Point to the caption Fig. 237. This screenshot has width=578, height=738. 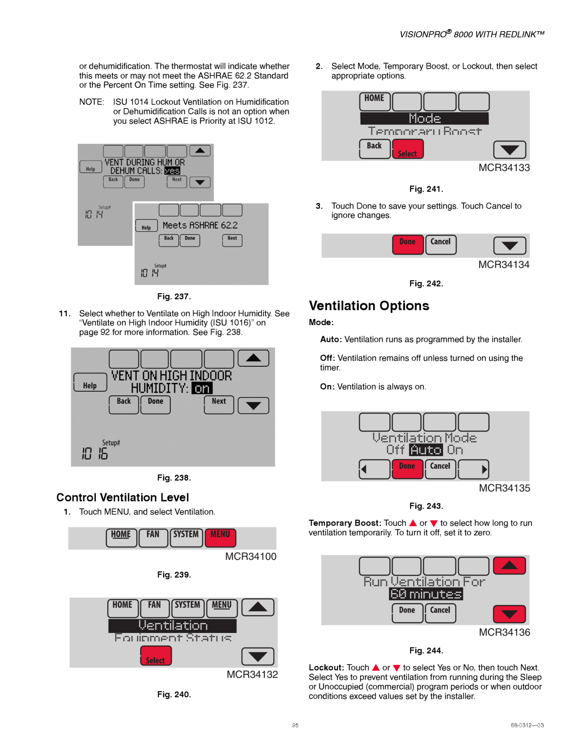pyautogui.click(x=174, y=297)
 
